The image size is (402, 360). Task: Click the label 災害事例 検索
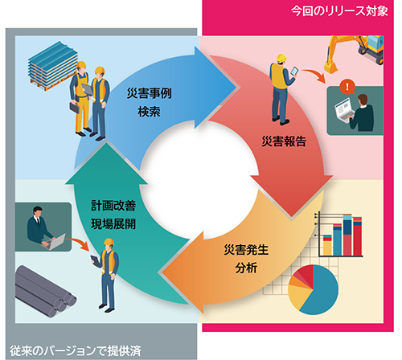tap(150, 103)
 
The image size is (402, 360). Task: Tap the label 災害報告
tap(284, 141)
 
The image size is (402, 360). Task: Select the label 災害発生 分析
tap(246, 259)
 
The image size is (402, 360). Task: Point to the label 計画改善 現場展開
tap(113, 215)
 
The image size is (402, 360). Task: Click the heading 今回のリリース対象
tap(339, 11)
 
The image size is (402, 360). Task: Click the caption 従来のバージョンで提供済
tap(76, 351)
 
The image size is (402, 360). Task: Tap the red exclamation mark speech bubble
tap(347, 87)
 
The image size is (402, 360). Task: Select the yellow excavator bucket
tap(330, 67)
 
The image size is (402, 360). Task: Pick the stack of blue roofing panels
tap(53, 66)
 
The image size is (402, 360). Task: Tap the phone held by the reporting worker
tap(294, 71)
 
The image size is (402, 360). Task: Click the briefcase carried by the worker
tap(75, 107)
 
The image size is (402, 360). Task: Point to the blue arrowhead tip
tap(236, 87)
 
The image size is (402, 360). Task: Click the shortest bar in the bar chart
tap(327, 246)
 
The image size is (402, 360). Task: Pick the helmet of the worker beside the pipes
tap(109, 243)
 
